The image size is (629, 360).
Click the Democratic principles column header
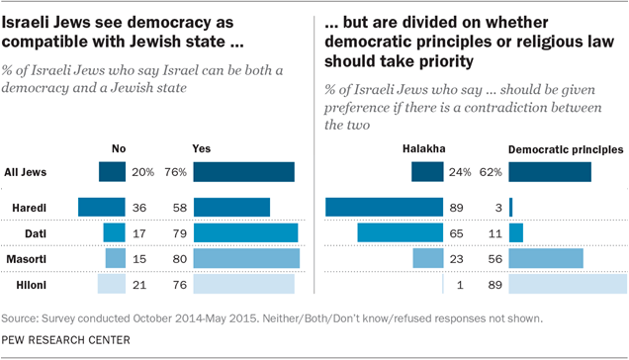click(x=565, y=149)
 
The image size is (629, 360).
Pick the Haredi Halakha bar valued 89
click(x=384, y=207)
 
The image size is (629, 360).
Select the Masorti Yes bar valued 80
click(x=246, y=258)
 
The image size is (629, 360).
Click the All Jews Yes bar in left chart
click(x=243, y=172)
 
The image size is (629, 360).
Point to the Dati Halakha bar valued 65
click(x=400, y=232)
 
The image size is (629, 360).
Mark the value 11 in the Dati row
click(x=490, y=232)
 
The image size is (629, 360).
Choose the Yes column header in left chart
click(x=203, y=149)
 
